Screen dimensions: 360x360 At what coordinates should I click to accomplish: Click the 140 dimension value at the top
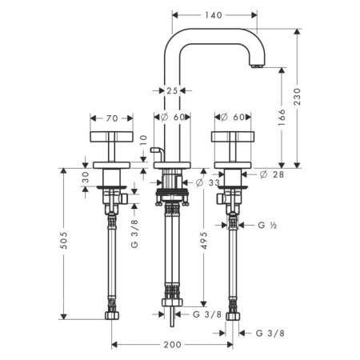pyautogui.click(x=214, y=15)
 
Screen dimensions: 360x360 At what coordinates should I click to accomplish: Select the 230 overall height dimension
pyautogui.click(x=297, y=97)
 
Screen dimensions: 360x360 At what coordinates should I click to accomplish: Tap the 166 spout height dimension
pyautogui.click(x=282, y=118)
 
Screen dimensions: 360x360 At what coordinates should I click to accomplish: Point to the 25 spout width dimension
pyautogui.click(x=172, y=91)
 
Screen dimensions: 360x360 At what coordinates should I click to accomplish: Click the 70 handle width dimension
pyautogui.click(x=112, y=118)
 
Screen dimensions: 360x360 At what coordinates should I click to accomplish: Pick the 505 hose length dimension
pyautogui.click(x=63, y=241)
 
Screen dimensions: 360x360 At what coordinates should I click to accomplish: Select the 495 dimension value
pyautogui.click(x=204, y=241)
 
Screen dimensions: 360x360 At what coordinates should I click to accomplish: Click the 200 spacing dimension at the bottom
pyautogui.click(x=173, y=345)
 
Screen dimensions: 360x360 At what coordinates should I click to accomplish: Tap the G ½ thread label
pyautogui.click(x=267, y=226)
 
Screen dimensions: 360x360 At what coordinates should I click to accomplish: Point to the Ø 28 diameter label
pyautogui.click(x=272, y=174)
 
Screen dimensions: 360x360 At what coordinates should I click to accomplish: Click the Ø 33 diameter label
pyautogui.click(x=208, y=182)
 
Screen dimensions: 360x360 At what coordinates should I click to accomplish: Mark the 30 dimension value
pyautogui.click(x=85, y=177)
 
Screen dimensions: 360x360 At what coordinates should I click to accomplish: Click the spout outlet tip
pyautogui.click(x=258, y=66)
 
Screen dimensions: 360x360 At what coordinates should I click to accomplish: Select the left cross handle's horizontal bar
pyautogui.click(x=111, y=137)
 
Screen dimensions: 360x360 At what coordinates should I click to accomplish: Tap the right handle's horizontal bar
pyautogui.click(x=233, y=137)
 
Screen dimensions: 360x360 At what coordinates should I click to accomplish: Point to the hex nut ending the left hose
pyautogui.click(x=112, y=315)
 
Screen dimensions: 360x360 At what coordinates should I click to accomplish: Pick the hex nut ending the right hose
pyautogui.click(x=233, y=316)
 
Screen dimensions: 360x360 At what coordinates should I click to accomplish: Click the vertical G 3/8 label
pyautogui.click(x=134, y=234)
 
